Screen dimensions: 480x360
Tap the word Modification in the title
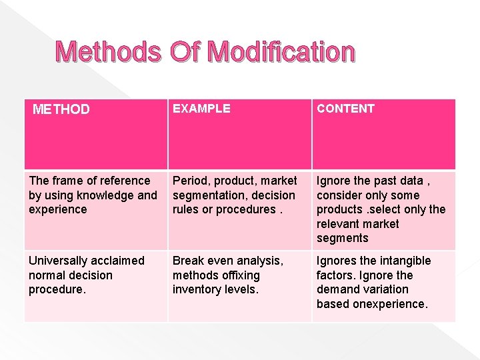coord(281,52)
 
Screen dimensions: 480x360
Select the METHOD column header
coord(61,109)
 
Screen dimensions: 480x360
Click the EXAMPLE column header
coord(201,108)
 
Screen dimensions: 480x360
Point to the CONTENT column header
coord(345,108)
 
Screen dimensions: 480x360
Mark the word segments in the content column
coord(342,238)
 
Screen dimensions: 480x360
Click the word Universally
coord(59,261)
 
